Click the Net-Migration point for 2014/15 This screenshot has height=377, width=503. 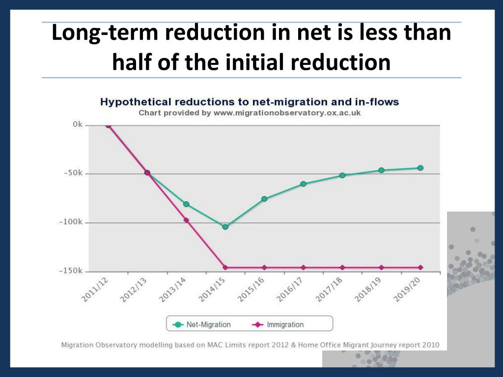click(225, 227)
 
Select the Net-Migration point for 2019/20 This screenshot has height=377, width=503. click(420, 168)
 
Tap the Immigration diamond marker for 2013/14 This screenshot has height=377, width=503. click(186, 220)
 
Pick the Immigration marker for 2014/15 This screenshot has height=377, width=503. click(225, 268)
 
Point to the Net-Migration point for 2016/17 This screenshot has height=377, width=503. click(304, 184)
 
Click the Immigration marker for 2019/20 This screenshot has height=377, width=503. click(420, 268)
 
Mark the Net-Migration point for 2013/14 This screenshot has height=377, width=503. click(186, 204)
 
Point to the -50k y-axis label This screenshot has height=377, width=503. click(73, 173)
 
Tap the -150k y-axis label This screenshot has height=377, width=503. click(71, 271)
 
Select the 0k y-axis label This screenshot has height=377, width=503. click(77, 125)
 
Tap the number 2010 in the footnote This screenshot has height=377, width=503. click(428, 345)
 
